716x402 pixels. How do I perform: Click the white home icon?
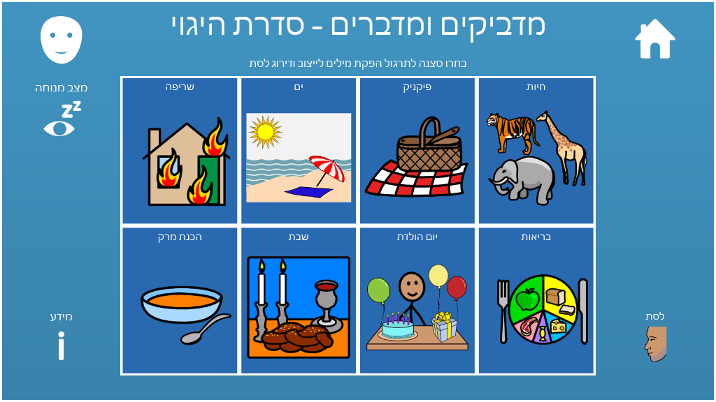pos(654,39)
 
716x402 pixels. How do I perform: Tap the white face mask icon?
pos(62,40)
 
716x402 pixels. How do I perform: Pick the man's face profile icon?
pos(656,344)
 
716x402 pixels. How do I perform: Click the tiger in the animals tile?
pos(511,132)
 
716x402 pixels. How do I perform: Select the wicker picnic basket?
pos(429,146)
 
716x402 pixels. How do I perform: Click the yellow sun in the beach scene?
pos(265,132)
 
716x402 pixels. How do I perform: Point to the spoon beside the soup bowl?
pos(206,329)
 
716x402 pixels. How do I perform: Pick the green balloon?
pos(378,290)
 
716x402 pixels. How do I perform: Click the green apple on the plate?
pos(527,299)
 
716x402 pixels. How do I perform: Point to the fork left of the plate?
pos(503,311)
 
